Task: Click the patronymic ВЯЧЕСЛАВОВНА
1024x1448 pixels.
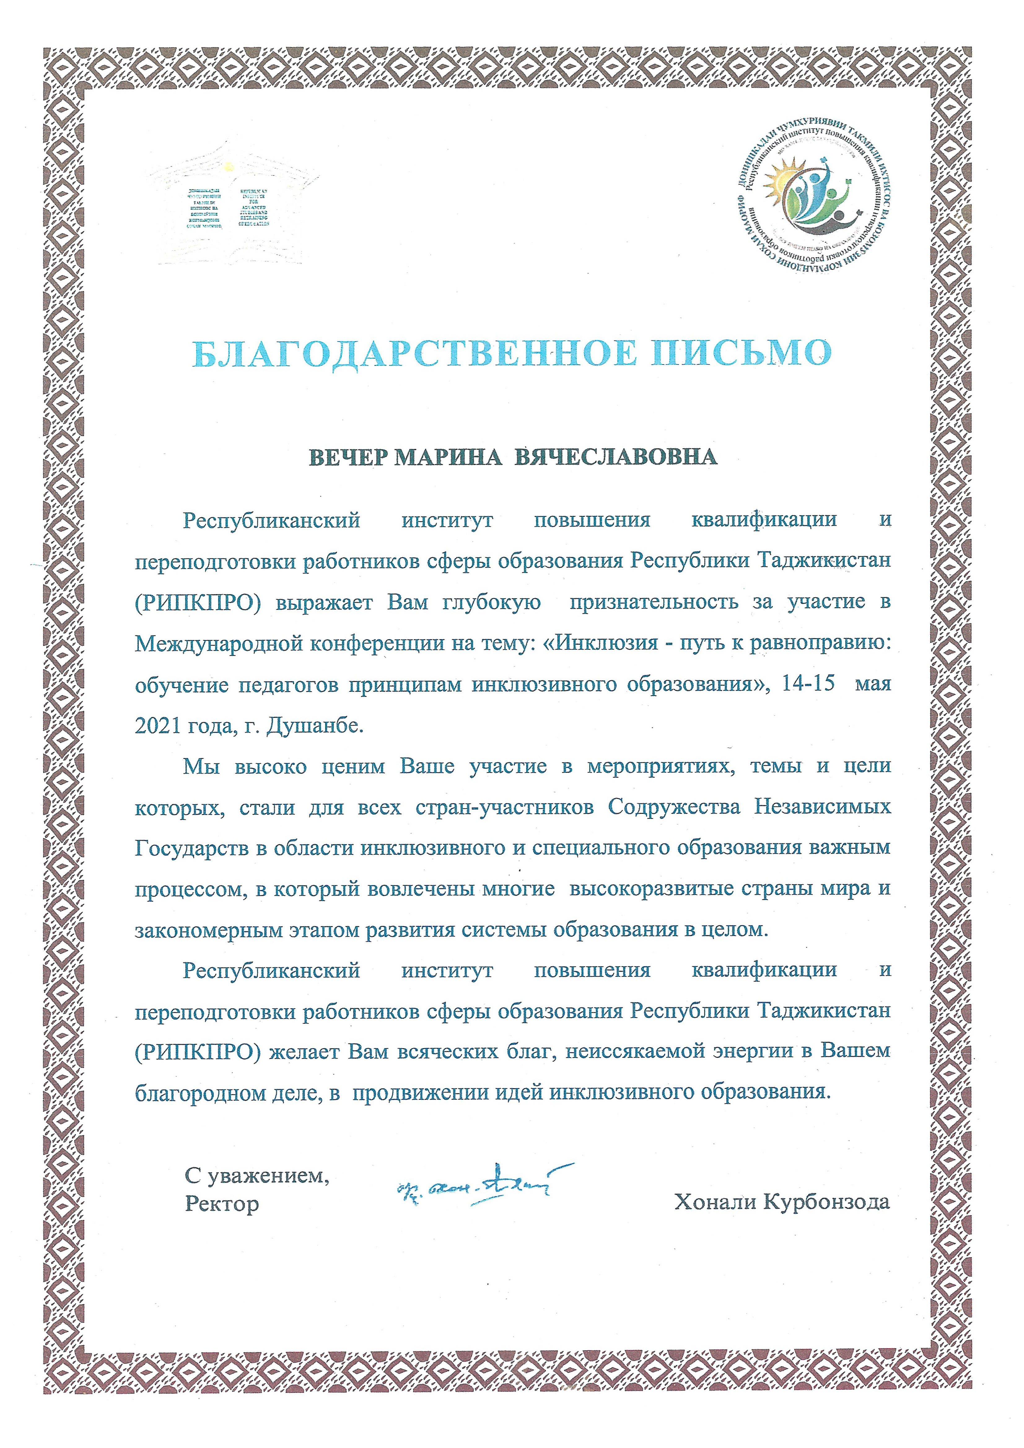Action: point(616,457)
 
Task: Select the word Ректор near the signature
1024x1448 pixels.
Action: point(221,1205)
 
